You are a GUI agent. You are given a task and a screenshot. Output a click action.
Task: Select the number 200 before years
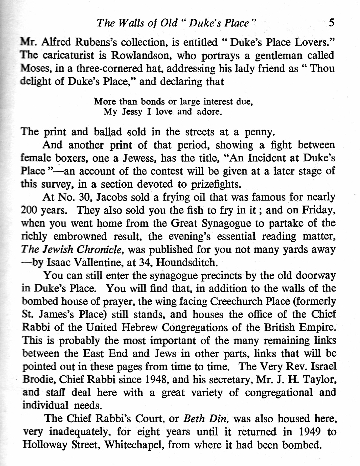[28, 210]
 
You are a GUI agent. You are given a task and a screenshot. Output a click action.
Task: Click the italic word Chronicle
[100, 249]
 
